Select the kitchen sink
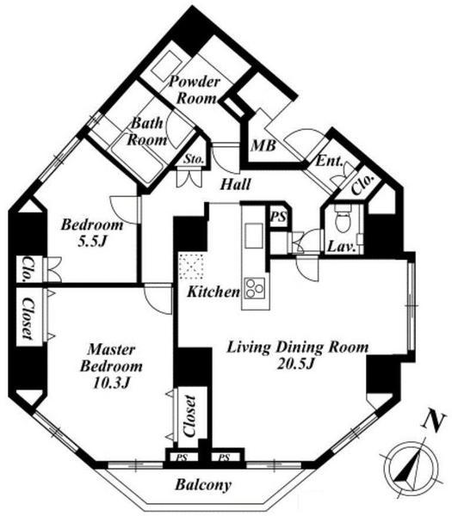pyautogui.click(x=254, y=236)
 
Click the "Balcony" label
pyautogui.click(x=203, y=485)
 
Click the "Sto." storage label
pyautogui.click(x=194, y=160)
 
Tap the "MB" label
pyautogui.click(x=263, y=145)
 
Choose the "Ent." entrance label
pyautogui.click(x=330, y=162)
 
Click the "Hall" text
pyautogui.click(x=236, y=185)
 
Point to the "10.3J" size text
pyautogui.click(x=111, y=383)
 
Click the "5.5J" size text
pyautogui.click(x=92, y=242)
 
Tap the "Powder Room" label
pyautogui.click(x=195, y=89)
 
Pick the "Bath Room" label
pyautogui.click(x=147, y=132)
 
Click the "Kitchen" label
pyautogui.click(x=214, y=292)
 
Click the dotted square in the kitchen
pyautogui.click(x=191, y=266)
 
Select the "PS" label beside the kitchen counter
pyautogui.click(x=279, y=217)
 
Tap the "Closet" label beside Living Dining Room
pyautogui.click(x=190, y=416)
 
